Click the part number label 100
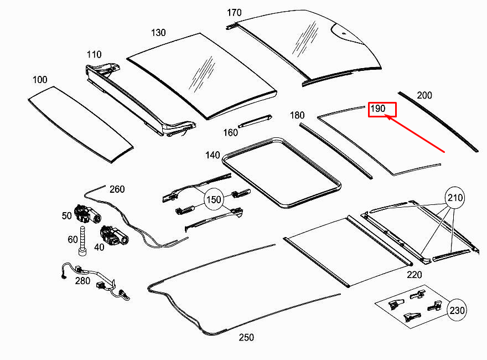[39, 80]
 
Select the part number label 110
[94, 54]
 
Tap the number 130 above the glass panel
[158, 33]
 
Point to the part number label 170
[235, 12]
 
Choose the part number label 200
[424, 95]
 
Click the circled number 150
[214, 200]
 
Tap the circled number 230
[457, 310]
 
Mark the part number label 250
[246, 337]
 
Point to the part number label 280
[82, 281]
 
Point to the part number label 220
[414, 275]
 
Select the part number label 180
[297, 115]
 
